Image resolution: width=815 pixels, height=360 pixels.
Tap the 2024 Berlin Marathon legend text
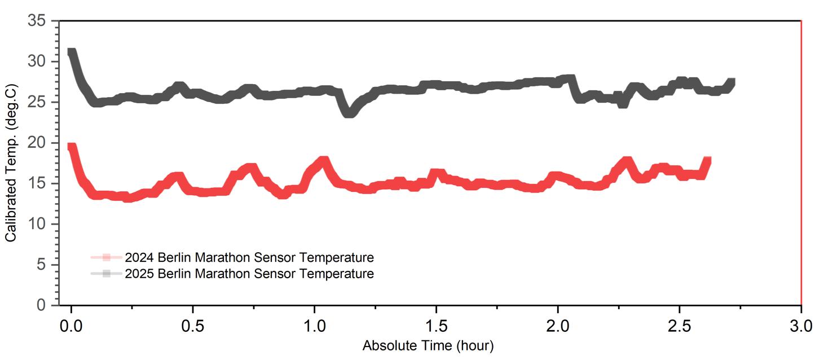click(249, 258)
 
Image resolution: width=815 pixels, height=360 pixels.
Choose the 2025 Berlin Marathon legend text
click(249, 274)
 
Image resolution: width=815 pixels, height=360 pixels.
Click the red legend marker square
click(106, 257)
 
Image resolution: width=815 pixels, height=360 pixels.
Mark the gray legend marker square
click(106, 274)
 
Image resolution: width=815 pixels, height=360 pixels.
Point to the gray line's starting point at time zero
click(71, 52)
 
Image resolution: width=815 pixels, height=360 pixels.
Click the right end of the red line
click(707, 160)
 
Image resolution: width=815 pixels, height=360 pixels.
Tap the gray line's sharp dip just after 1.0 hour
click(349, 113)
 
